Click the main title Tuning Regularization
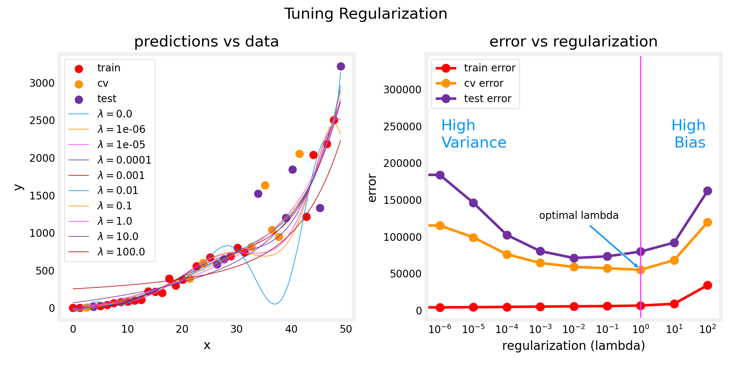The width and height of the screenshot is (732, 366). pos(366,14)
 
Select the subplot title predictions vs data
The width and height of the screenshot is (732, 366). pos(206,42)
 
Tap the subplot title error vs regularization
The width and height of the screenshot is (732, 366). pos(573,42)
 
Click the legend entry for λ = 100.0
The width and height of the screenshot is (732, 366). pos(121,252)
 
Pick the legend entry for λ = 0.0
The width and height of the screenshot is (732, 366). pos(115,114)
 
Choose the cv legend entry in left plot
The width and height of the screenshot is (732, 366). pos(103,83)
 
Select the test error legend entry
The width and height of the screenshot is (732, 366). pos(487,99)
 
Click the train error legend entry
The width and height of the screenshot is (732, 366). pos(489,68)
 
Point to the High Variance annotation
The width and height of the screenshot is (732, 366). pos(474,134)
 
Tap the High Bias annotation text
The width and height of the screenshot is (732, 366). pos(689,134)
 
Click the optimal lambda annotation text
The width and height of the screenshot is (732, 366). pos(579,216)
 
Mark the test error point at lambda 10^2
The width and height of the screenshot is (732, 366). pos(707,191)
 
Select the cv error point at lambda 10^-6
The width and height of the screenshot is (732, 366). pos(440,225)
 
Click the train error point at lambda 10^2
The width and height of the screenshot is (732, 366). pos(707,285)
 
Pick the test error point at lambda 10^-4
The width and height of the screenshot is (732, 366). pos(507,235)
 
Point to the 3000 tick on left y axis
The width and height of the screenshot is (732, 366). pos(42,83)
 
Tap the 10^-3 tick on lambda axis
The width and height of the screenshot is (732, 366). pos(540,329)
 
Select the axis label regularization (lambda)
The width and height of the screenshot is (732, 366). pos(573,346)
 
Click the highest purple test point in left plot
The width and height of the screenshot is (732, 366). pos(341,66)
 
